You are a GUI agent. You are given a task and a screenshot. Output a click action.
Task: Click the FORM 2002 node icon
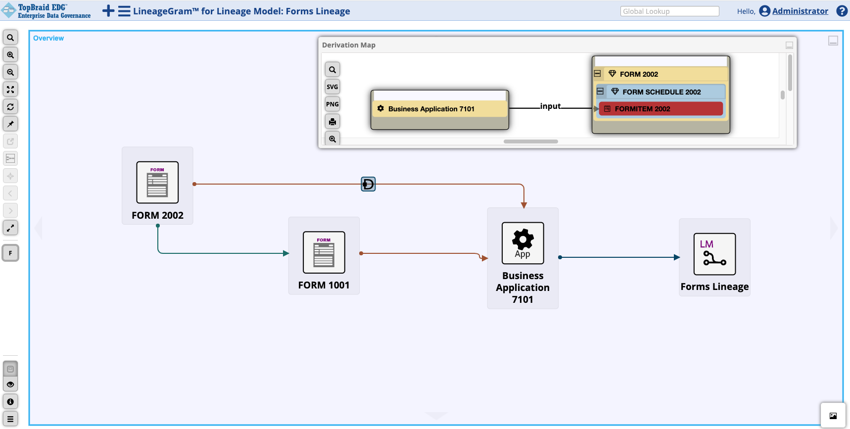click(157, 183)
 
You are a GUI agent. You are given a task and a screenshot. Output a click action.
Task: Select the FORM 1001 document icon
click(324, 252)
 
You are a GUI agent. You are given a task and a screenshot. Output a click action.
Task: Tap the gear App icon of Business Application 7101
click(522, 243)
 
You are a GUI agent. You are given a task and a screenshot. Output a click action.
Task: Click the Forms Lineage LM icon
click(714, 254)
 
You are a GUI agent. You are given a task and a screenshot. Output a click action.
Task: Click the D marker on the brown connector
click(368, 184)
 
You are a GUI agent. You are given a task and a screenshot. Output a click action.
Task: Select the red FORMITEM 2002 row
click(661, 109)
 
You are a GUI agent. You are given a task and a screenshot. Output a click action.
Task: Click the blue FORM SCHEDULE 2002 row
click(661, 92)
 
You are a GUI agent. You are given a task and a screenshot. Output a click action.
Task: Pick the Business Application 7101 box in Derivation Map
click(439, 109)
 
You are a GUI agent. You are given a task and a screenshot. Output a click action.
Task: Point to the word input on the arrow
click(550, 106)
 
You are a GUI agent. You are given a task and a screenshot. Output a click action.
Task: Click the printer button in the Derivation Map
click(332, 122)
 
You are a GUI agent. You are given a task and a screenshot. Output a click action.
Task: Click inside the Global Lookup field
click(669, 11)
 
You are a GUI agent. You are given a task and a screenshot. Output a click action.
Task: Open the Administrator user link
click(800, 11)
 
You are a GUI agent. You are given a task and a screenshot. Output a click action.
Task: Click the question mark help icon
click(842, 11)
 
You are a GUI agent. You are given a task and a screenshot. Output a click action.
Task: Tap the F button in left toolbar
click(10, 253)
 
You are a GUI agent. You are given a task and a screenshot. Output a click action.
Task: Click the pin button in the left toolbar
click(10, 124)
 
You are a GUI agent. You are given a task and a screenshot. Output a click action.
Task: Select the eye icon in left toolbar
click(10, 384)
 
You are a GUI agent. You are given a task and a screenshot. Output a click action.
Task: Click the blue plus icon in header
click(108, 11)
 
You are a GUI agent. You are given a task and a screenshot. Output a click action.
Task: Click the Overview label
click(48, 38)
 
